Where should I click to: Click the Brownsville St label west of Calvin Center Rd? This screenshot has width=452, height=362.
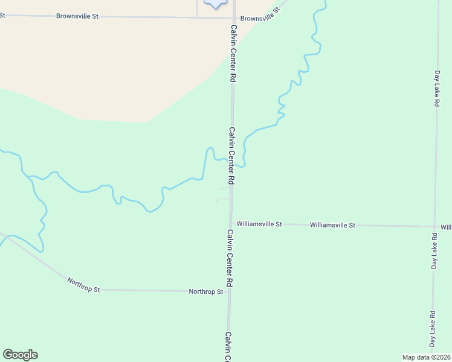pyautogui.click(x=77, y=16)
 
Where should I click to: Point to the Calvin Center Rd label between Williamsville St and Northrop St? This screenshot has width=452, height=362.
pyautogui.click(x=230, y=258)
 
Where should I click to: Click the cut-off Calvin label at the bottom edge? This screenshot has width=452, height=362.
pyautogui.click(x=228, y=346)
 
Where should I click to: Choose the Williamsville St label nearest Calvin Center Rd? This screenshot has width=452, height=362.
pyautogui.click(x=259, y=224)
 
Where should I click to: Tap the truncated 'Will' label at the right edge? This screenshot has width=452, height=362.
pyautogui.click(x=446, y=227)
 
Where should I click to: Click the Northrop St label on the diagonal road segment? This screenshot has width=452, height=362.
pyautogui.click(x=83, y=285)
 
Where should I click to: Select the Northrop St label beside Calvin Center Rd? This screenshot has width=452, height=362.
pyautogui.click(x=206, y=291)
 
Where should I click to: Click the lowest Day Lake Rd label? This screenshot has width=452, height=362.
pyautogui.click(x=433, y=329)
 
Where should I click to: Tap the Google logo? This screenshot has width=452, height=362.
pyautogui.click(x=20, y=355)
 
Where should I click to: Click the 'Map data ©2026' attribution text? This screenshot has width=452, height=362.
pyautogui.click(x=426, y=357)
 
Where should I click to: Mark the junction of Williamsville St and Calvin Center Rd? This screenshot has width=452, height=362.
pyautogui.click(x=231, y=224)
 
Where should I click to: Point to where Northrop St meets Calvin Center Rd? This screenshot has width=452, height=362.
pyautogui.click(x=229, y=291)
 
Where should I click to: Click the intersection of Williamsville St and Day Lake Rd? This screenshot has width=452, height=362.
pyautogui.click(x=434, y=227)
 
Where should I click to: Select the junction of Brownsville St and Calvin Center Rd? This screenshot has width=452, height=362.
pyautogui.click(x=233, y=17)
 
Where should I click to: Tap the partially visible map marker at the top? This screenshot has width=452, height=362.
pyautogui.click(x=216, y=3)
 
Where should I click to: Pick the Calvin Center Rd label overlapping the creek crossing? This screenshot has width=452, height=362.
pyautogui.click(x=231, y=155)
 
